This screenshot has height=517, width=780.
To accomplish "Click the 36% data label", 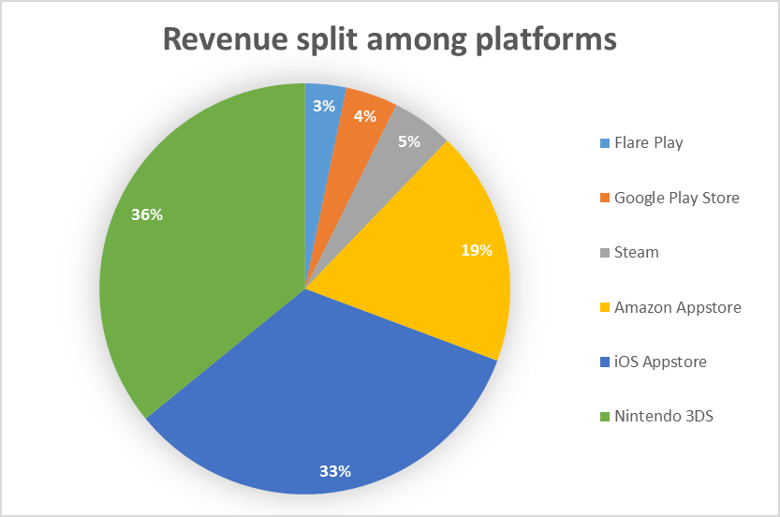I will pyautogui.click(x=147, y=214).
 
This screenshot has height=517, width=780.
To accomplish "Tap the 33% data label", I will pyautogui.click(x=334, y=471).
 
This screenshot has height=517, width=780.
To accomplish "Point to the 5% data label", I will pyautogui.click(x=409, y=141).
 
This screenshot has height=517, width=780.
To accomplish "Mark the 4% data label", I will pyautogui.click(x=365, y=116).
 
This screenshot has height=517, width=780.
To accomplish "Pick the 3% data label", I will pyautogui.click(x=324, y=107).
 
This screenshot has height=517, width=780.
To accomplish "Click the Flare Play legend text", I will pyautogui.click(x=648, y=143).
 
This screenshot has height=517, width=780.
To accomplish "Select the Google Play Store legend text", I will pyautogui.click(x=676, y=198).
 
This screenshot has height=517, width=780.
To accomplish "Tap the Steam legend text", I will pyautogui.click(x=636, y=252).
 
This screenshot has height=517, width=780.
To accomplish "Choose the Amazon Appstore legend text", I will pyautogui.click(x=677, y=307).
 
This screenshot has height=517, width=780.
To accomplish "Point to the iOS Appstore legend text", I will pyautogui.click(x=659, y=362).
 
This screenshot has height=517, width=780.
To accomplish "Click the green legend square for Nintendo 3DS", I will pyautogui.click(x=605, y=416).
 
